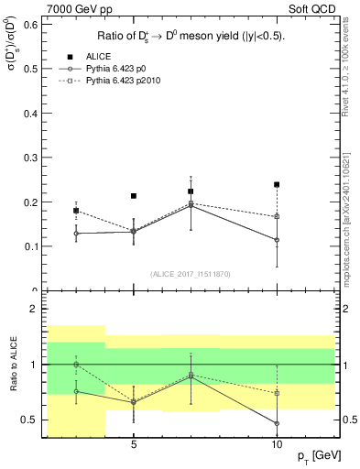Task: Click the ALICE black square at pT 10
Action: click(x=277, y=184)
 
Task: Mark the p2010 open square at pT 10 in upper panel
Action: click(x=277, y=216)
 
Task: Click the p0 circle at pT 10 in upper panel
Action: click(x=277, y=240)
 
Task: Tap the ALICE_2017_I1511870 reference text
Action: click(x=190, y=274)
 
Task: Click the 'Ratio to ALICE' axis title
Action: click(x=14, y=365)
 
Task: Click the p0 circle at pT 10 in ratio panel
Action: click(x=277, y=423)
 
